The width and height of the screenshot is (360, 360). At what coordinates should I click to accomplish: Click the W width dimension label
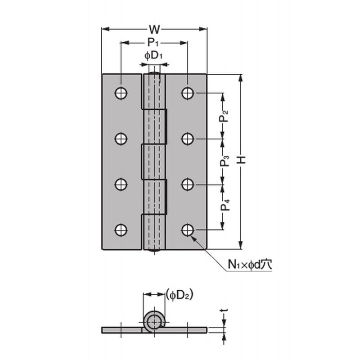click(x=154, y=29)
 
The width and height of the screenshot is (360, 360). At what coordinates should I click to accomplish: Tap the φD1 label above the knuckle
click(x=153, y=55)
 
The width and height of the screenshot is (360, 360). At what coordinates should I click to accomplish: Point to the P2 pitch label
click(x=223, y=116)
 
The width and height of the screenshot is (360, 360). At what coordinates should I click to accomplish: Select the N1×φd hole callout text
click(x=250, y=265)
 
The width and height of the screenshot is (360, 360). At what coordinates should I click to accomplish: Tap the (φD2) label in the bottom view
click(x=180, y=295)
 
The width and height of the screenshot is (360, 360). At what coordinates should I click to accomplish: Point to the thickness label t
click(x=225, y=311)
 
